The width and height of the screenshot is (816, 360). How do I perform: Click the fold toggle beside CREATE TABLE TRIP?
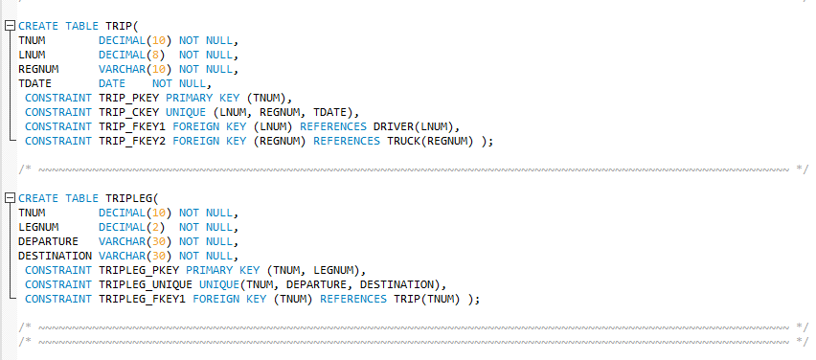(x=10, y=26)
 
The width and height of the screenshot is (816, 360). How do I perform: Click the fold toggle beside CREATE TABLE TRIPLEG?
(x=10, y=198)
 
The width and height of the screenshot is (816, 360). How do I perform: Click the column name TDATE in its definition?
(x=34, y=83)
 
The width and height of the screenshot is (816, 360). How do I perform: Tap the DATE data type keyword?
(x=112, y=83)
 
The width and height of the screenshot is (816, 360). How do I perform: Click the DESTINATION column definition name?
(x=55, y=256)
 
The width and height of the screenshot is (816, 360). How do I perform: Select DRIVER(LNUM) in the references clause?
(x=420, y=126)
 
